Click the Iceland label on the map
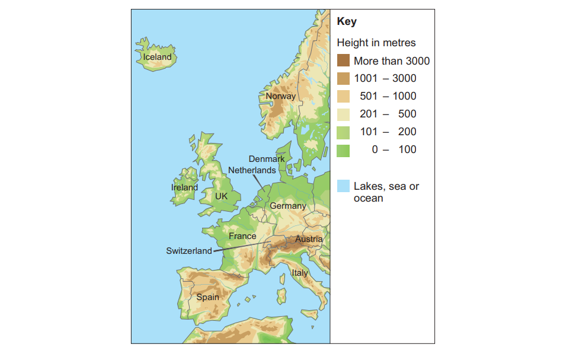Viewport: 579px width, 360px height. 157,58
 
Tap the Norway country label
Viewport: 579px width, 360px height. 280,96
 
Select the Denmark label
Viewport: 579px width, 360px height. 267,159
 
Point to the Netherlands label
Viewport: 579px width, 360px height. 252,170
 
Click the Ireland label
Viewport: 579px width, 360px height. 184,187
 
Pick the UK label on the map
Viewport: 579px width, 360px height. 221,196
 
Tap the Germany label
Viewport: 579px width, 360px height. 288,206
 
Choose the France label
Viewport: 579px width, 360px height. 242,236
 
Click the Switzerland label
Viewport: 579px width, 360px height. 188,251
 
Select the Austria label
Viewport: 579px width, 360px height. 309,240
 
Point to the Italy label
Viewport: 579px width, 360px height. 300,273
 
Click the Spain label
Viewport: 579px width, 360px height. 207,297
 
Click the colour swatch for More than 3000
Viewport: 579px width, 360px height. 343,60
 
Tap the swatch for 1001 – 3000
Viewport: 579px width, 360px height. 343,78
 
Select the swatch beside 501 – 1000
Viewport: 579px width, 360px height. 343,96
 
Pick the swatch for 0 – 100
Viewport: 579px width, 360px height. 343,149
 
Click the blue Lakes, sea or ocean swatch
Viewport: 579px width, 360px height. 343,186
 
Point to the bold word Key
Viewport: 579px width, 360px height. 346,23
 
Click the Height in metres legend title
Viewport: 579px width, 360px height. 376,43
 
